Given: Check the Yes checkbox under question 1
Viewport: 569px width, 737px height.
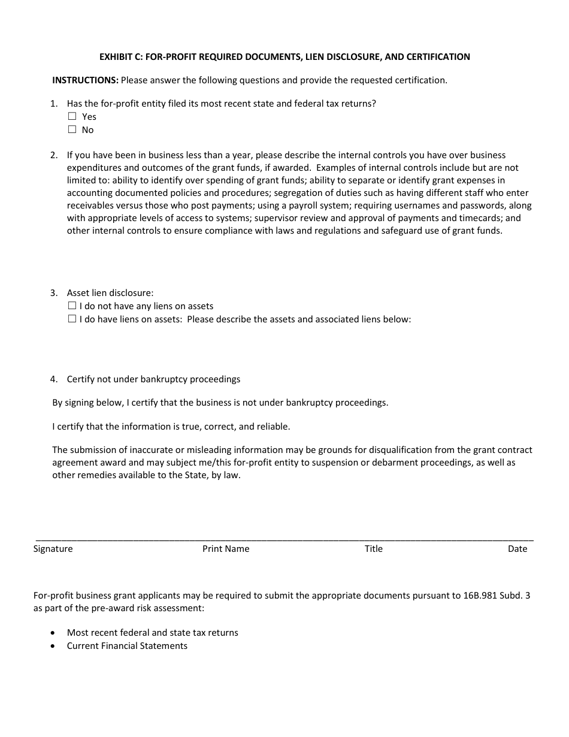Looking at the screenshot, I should tap(72, 116).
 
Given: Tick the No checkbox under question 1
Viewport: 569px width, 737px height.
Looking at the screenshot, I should tap(72, 129).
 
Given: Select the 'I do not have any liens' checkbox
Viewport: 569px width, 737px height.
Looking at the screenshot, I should tap(72, 306).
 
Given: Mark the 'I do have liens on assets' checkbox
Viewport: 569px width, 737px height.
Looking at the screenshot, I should tap(72, 319).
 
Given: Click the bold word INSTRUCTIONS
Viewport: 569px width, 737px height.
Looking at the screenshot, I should tap(85, 80).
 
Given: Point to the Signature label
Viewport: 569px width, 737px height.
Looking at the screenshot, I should tap(53, 549).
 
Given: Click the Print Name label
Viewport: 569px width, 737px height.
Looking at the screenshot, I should tap(226, 549).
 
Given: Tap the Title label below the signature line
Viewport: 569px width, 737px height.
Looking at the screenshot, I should tap(373, 549).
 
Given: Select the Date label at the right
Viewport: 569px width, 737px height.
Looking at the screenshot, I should tap(517, 549).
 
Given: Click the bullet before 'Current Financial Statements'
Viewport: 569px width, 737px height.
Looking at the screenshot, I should tap(55, 646).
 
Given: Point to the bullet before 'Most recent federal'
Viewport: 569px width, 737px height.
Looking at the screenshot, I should tap(55, 633).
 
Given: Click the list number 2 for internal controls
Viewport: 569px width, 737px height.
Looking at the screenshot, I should tap(54, 155).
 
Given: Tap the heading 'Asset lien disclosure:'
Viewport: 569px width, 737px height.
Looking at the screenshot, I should tap(110, 293).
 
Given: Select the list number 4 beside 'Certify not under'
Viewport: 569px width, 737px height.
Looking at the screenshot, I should tap(54, 379).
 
